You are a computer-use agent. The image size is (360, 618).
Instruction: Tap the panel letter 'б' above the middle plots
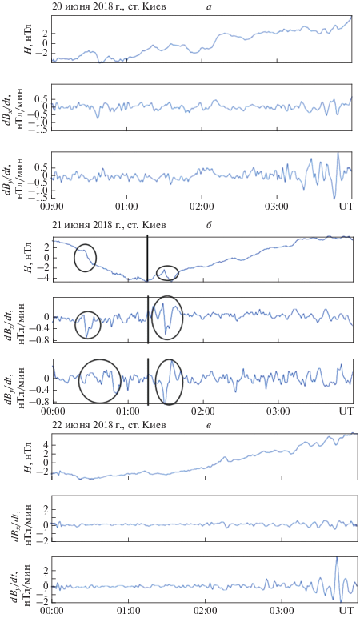(x=209, y=225)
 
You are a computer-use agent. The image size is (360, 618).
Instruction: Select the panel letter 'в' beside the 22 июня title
(x=208, y=426)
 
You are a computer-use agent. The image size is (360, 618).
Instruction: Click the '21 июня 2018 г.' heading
(x=81, y=226)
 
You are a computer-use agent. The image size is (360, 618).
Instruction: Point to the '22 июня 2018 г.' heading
(x=81, y=426)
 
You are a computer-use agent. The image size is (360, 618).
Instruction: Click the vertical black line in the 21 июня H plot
(x=147, y=258)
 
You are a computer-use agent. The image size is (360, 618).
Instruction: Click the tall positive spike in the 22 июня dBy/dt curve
(x=337, y=557)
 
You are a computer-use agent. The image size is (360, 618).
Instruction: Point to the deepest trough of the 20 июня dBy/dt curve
(x=334, y=198)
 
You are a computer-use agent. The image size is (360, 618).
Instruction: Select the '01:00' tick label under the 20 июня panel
(x=127, y=205)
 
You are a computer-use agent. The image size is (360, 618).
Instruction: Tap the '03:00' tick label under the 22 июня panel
(x=283, y=612)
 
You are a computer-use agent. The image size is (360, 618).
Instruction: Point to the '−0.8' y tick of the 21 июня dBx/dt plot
(x=45, y=340)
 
